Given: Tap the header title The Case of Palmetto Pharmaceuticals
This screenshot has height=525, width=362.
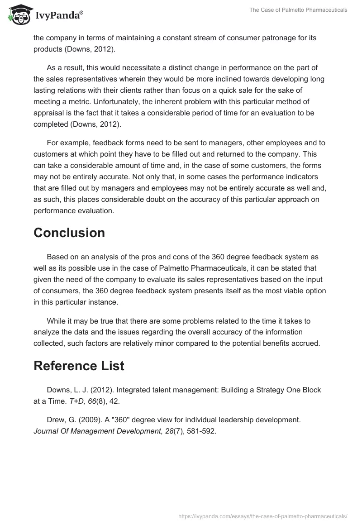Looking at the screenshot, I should [x=298, y=10].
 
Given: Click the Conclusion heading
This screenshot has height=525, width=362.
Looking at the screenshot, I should [x=69, y=233].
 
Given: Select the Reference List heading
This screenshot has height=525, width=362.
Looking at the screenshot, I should [x=79, y=366].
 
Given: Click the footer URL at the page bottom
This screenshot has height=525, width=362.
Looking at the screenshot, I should [x=262, y=515].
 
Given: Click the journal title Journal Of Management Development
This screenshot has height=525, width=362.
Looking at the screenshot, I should [x=97, y=431].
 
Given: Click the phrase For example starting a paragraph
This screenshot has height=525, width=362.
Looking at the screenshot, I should [x=67, y=143].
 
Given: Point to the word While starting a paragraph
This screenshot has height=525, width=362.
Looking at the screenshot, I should [x=56, y=321].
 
